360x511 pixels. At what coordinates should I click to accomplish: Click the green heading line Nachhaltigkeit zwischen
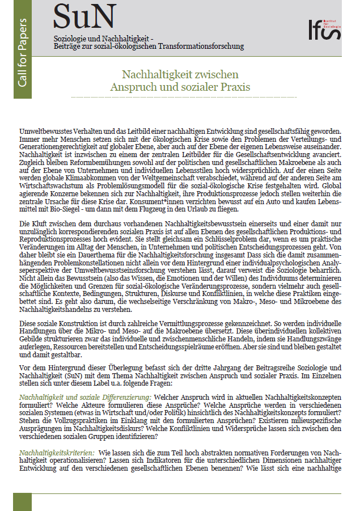click(180, 75)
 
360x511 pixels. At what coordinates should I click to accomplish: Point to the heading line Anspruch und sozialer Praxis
click(180, 87)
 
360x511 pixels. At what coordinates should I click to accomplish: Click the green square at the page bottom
click(22, 502)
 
